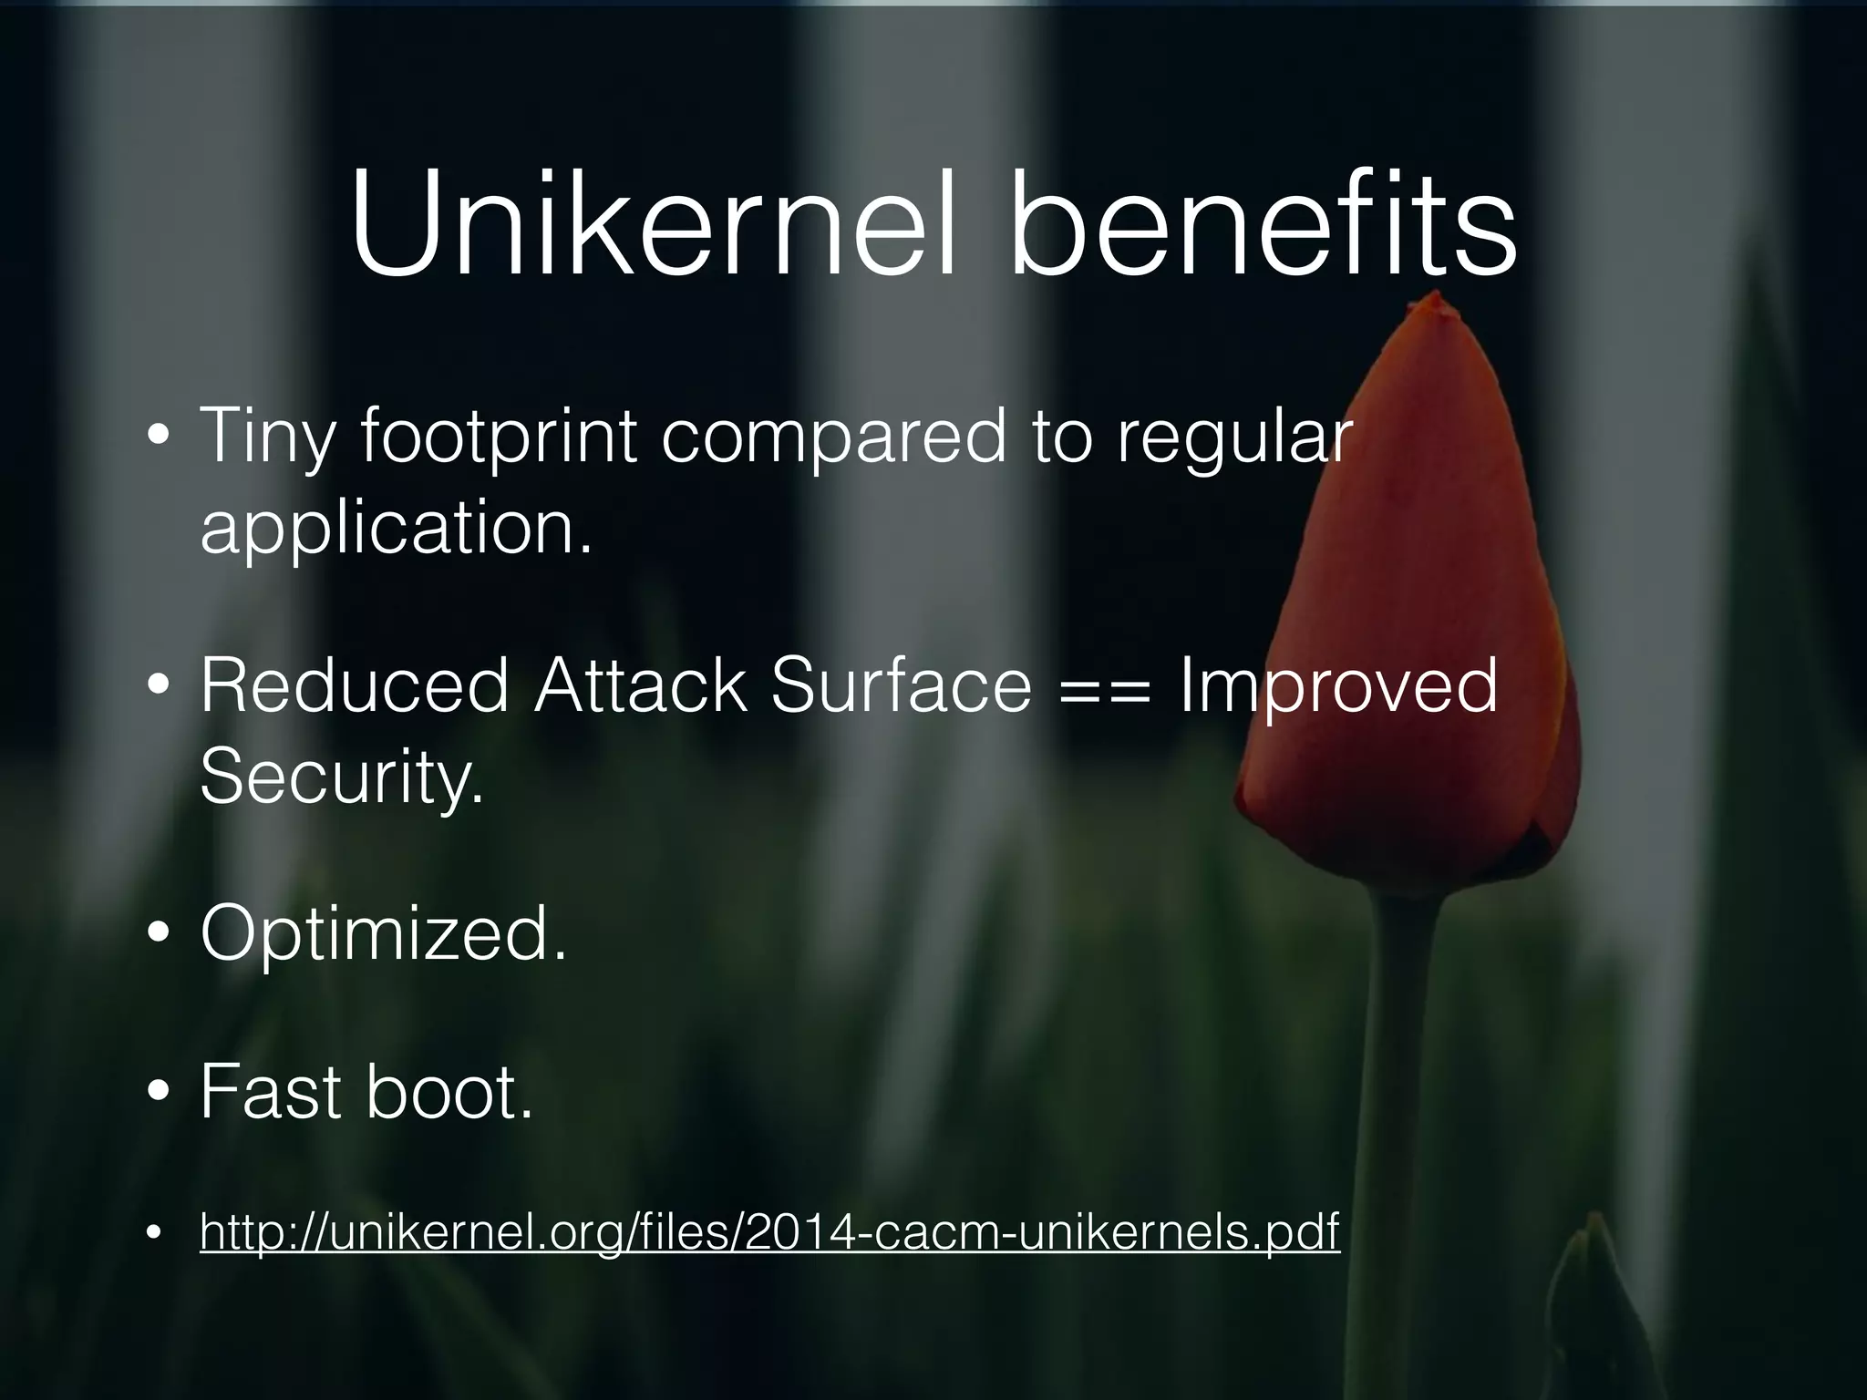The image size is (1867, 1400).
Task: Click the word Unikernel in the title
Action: point(653,226)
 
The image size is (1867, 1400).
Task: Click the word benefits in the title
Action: point(1263,226)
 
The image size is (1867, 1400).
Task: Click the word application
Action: point(397,529)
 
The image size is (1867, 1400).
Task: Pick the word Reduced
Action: point(354,685)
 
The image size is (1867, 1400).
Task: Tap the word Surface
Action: point(901,685)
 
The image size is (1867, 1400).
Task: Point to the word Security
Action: point(341,777)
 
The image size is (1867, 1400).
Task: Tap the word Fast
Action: point(270,1091)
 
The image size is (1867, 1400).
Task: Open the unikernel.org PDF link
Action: point(769,1232)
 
